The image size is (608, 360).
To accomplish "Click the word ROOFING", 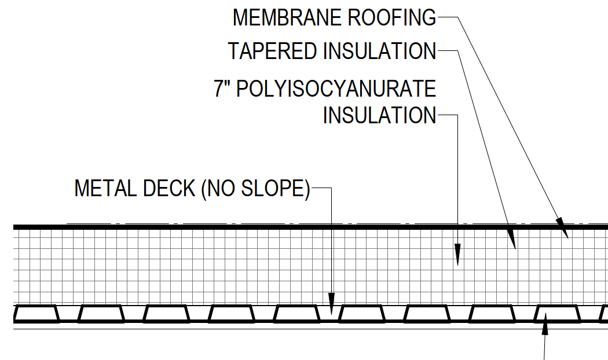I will click(391, 18).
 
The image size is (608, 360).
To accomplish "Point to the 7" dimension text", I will click(223, 90).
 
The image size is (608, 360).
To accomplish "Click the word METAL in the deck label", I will click(104, 189).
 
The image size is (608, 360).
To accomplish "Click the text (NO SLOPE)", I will click(255, 189).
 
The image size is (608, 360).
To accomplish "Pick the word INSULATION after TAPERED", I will click(379, 51).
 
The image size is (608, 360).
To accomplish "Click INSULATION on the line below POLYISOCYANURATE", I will click(379, 115).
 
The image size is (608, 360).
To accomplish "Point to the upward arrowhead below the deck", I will click(544, 328).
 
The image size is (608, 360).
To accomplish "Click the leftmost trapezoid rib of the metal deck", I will click(36, 314).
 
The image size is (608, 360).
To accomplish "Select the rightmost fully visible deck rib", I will click(557, 314).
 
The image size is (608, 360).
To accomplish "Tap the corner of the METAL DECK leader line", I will click(331, 189).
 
